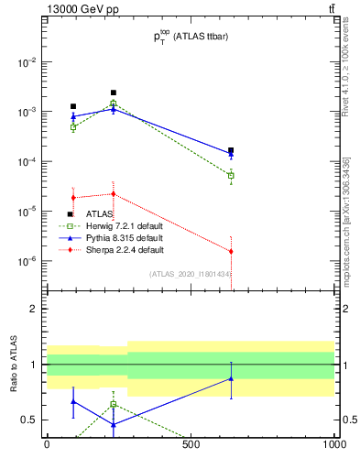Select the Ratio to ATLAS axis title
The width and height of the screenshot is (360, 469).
(x=14, y=365)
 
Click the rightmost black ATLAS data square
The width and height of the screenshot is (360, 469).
(x=231, y=150)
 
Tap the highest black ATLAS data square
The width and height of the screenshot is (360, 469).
(x=114, y=93)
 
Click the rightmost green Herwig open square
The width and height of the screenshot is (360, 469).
(x=231, y=175)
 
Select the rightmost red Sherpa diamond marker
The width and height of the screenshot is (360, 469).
(x=231, y=251)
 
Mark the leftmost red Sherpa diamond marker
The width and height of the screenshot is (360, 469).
(x=73, y=198)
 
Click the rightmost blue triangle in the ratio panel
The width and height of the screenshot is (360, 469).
(x=231, y=378)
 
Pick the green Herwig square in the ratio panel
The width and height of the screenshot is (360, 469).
(x=114, y=404)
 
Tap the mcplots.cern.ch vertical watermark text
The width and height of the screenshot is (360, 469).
(x=346, y=229)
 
